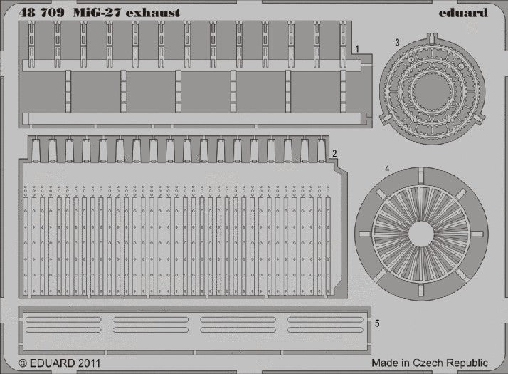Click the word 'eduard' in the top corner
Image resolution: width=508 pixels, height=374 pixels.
(463, 12)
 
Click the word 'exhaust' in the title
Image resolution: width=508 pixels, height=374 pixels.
(152, 13)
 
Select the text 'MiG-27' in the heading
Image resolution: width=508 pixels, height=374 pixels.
(96, 12)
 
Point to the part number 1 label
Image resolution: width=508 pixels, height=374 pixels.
(357, 49)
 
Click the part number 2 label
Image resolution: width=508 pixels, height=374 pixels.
(334, 153)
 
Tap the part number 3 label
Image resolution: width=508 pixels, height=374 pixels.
(397, 43)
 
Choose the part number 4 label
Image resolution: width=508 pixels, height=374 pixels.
(387, 169)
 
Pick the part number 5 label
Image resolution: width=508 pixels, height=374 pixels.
(377, 323)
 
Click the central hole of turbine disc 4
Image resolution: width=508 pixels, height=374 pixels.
(421, 234)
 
